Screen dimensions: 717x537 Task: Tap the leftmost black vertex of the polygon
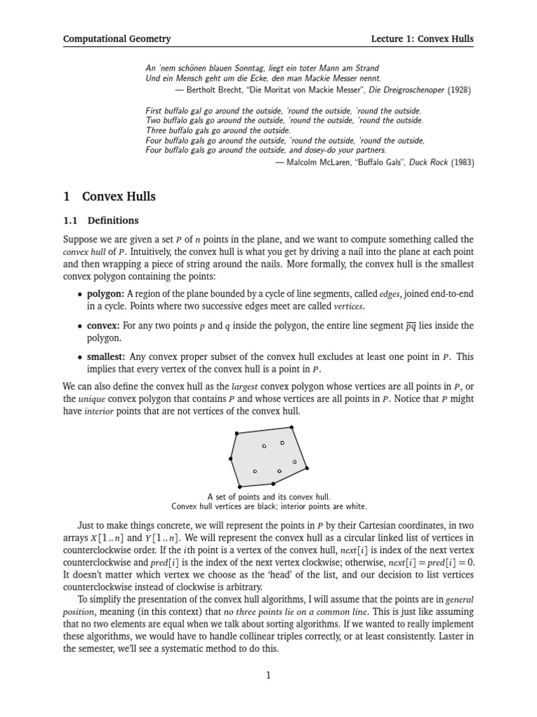[x=230, y=459]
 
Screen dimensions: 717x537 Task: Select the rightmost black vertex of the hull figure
[x=307, y=468]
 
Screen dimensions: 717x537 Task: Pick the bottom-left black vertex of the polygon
[x=240, y=486]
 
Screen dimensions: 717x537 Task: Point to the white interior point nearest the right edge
[x=294, y=462]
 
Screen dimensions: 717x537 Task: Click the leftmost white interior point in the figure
[x=255, y=471]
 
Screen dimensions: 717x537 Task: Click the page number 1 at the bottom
[x=268, y=675]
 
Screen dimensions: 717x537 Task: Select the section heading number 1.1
[x=71, y=221]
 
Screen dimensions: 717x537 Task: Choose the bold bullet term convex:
[x=103, y=326]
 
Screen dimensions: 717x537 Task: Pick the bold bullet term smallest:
[x=106, y=357]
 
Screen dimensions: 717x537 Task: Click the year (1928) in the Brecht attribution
[x=459, y=90]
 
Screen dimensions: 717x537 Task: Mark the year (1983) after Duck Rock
[x=461, y=162]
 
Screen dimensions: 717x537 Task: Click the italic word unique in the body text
[x=90, y=399]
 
